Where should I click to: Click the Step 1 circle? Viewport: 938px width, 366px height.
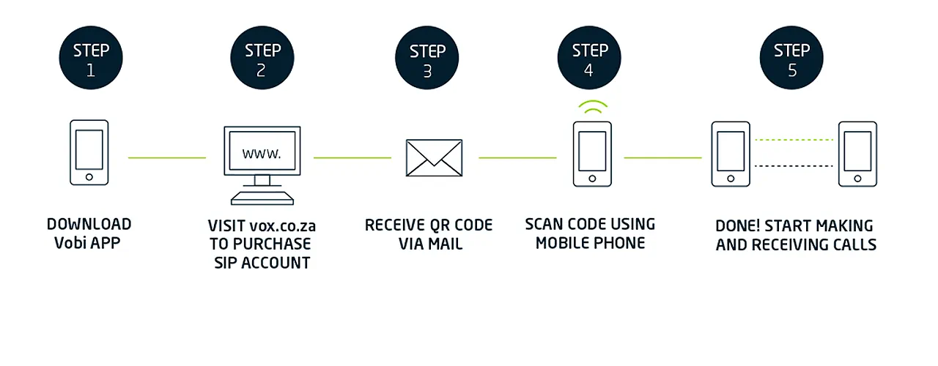(91, 58)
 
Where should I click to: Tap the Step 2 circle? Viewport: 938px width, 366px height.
(262, 58)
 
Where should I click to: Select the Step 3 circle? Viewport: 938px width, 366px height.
(426, 58)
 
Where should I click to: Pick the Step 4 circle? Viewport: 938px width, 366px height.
(589, 58)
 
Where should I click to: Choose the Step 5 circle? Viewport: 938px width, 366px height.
(791, 58)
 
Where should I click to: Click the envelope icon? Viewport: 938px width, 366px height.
(435, 157)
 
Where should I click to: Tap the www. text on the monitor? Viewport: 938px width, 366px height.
(262, 154)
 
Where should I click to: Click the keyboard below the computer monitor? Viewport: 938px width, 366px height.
(262, 198)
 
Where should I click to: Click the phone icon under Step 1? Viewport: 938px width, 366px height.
(89, 153)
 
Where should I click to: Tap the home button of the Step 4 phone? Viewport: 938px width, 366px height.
(592, 179)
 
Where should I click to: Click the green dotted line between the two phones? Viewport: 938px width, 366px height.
(794, 140)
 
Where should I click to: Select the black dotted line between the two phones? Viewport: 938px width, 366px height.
(794, 166)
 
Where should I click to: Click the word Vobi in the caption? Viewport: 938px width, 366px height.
(70, 243)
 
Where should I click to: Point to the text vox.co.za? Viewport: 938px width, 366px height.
(282, 226)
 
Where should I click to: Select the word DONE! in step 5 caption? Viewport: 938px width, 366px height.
(737, 226)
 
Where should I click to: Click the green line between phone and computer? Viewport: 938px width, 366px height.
(167, 157)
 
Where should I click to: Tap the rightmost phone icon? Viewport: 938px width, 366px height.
(857, 154)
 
